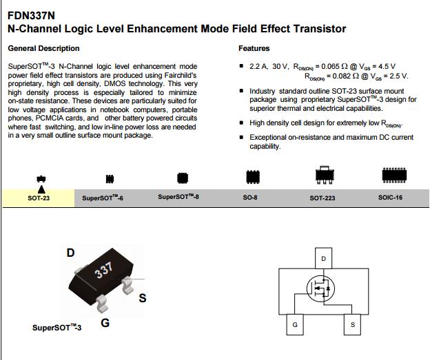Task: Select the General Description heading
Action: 43,48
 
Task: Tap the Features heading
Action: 254,48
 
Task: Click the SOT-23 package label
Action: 39,198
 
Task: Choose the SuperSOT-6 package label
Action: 103,198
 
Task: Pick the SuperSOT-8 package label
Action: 178,197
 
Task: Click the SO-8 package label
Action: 250,197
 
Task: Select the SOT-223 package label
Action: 322,198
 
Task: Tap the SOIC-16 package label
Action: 391,197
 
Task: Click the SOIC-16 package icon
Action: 392,177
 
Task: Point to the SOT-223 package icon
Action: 323,176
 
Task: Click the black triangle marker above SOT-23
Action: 41,188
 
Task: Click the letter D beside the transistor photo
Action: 70,253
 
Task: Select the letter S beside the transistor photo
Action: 143,297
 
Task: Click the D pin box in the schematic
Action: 324,259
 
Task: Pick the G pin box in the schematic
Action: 294,324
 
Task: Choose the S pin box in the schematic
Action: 353,324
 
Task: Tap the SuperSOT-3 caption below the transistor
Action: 57,328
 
